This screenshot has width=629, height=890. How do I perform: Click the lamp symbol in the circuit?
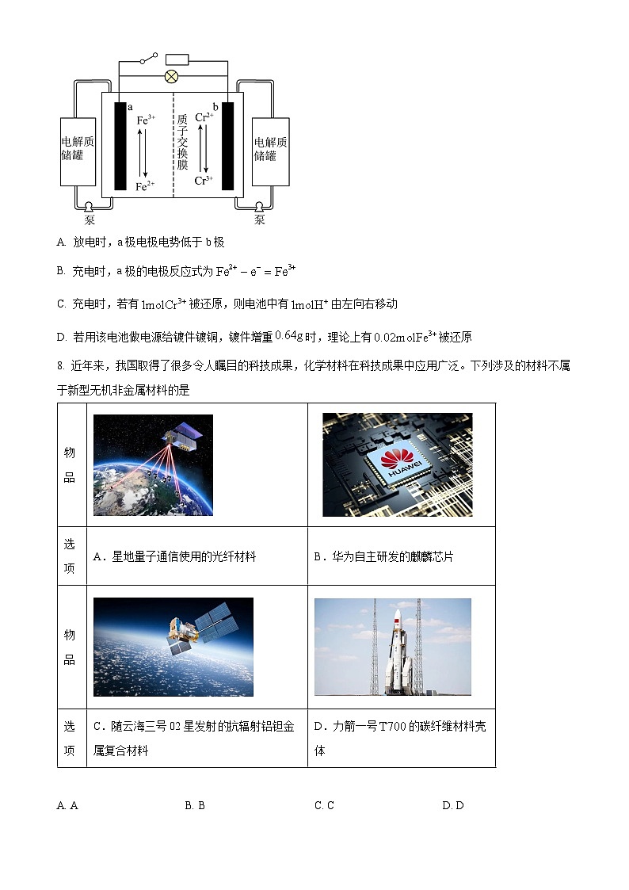point(170,76)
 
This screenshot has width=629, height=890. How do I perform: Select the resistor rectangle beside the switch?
point(176,59)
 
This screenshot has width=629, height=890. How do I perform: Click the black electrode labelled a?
point(120,147)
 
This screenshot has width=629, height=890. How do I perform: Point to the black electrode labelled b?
point(228,147)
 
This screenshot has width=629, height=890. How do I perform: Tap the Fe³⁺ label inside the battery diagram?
point(146,120)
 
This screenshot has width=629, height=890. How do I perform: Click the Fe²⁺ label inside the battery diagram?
point(145,186)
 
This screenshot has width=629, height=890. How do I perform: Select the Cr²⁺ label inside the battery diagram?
point(204,117)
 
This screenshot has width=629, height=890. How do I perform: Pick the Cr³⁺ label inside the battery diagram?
point(204,181)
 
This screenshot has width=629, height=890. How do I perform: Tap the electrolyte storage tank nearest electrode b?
point(270,151)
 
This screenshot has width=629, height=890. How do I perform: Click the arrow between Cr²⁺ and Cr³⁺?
point(204,148)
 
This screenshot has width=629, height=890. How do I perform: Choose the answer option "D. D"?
point(452,806)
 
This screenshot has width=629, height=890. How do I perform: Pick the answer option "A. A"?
point(67,806)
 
